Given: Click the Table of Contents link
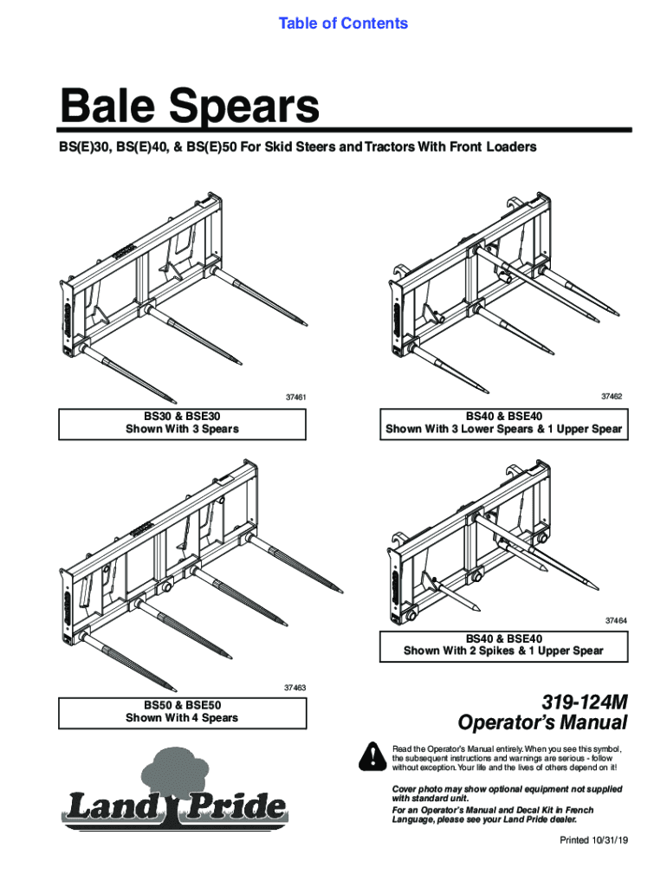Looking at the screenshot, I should click(343, 23).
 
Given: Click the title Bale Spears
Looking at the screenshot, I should click(189, 108).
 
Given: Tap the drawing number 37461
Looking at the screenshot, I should click(296, 398).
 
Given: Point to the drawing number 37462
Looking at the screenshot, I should click(612, 395).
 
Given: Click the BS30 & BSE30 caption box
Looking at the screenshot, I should click(182, 423).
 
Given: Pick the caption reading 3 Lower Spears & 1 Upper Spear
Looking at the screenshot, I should click(503, 430).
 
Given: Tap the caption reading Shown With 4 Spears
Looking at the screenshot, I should click(182, 718).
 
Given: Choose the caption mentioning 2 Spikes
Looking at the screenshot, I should click(503, 651).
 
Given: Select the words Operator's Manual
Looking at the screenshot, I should click(542, 722).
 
